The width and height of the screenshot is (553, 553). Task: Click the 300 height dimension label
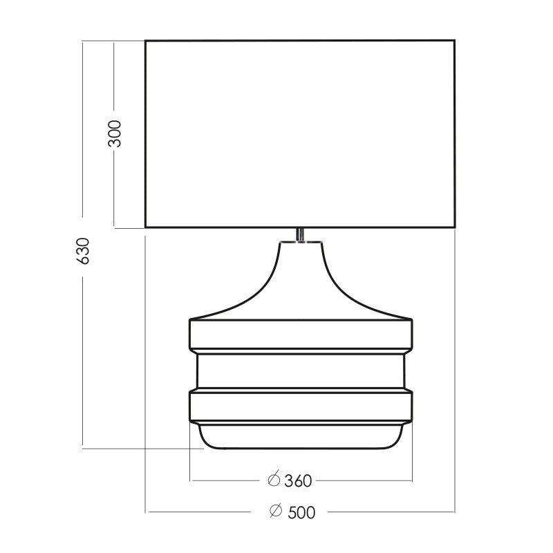(115, 133)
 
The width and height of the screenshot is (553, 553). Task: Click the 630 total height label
(83, 251)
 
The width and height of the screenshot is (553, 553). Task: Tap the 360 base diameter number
(299, 480)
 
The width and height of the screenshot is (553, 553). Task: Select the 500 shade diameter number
(301, 512)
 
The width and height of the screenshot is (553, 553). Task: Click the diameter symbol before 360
(274, 479)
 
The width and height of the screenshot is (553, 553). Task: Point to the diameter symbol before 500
(276, 510)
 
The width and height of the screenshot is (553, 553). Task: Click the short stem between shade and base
(300, 235)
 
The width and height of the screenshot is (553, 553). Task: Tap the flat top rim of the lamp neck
(301, 243)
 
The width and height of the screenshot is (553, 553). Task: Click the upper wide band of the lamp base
(301, 335)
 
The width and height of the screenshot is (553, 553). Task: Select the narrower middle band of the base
(301, 371)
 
